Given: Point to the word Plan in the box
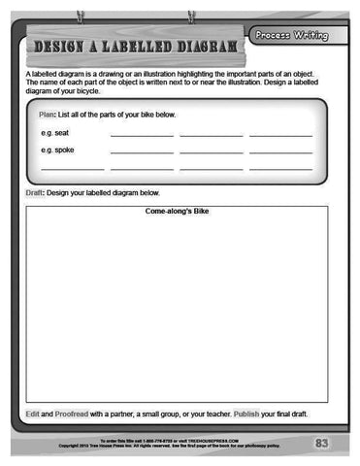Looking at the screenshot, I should click(47, 115).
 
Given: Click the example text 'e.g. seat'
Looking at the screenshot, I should click(54, 132).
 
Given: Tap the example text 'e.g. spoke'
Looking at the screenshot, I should click(57, 150).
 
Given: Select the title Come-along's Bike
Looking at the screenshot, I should click(177, 211).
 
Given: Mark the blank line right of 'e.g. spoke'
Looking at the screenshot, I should click(142, 153).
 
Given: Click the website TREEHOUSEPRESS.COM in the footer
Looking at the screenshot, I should click(215, 439).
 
